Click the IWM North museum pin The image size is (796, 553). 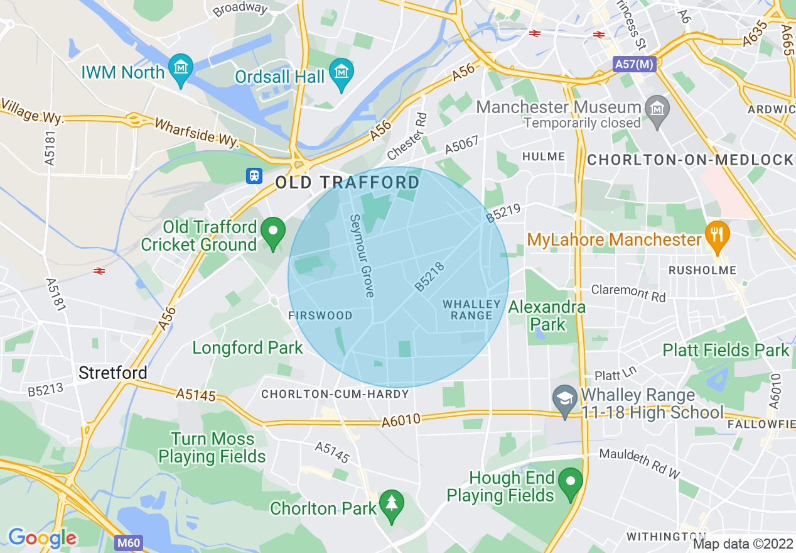click(x=181, y=68)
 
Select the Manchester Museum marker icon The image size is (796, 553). click(x=657, y=109)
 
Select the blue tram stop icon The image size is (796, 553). click(x=254, y=175)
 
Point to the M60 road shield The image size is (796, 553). click(x=129, y=542)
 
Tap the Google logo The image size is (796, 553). click(x=42, y=538)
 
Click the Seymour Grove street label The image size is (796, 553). click(x=362, y=256)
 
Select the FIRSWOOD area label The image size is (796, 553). click(x=320, y=315)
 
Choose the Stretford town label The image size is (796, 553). click(x=113, y=373)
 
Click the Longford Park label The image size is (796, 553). click(x=248, y=348)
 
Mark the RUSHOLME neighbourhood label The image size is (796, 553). click(x=702, y=270)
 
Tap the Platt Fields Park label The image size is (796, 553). click(x=726, y=350)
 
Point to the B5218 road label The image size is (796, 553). click(x=429, y=276)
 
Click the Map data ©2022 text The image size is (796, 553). click(x=743, y=544)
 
